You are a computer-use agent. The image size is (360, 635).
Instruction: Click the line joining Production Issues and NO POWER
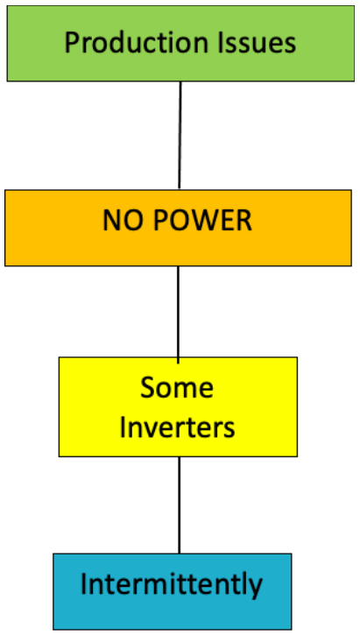pos(180,135)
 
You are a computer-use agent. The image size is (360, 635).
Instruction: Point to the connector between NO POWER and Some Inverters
pos(179,311)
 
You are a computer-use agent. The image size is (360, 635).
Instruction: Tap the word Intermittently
pos(171,584)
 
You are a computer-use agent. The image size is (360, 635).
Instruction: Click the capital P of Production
pos(73,43)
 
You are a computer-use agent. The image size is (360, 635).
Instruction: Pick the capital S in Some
pos(148,386)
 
